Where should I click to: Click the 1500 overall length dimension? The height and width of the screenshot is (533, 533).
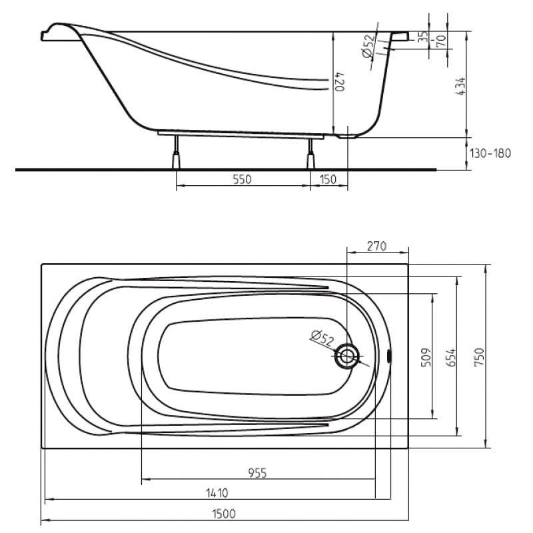point(224,514)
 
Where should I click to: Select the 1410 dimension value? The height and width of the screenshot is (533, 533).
point(217,493)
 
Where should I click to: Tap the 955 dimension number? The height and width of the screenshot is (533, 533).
point(257,473)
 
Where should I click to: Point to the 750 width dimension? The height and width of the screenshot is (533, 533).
point(479,357)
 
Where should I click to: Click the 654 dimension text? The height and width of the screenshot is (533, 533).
point(451,358)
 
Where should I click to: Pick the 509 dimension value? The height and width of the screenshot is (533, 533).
point(426,357)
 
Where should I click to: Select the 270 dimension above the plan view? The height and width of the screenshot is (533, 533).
point(377,246)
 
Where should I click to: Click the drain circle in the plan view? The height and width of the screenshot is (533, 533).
point(346,356)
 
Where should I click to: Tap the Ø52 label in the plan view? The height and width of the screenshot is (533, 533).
point(322,338)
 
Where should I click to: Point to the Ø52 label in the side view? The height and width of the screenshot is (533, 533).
point(369,46)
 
